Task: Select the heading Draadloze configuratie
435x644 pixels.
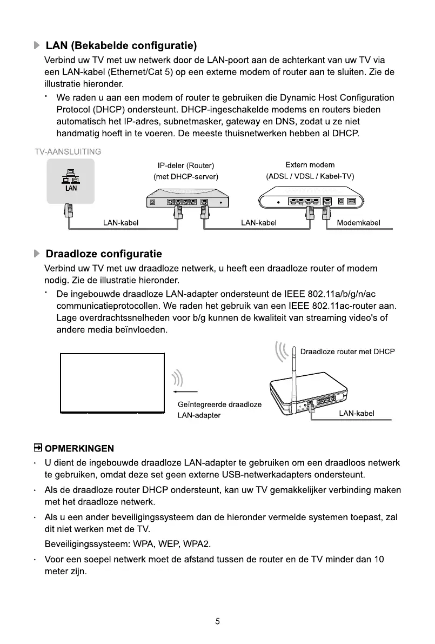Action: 104,254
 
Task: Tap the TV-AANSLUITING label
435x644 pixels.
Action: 67,151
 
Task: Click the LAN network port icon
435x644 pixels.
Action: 71,179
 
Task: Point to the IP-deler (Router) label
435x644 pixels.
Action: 186,165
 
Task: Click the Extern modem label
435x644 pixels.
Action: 310,164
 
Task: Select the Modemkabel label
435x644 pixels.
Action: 358,223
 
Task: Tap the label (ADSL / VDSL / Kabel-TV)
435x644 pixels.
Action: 310,176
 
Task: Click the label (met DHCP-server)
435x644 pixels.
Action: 186,176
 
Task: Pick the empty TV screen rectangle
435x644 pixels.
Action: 112,382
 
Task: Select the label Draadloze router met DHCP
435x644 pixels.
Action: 347,351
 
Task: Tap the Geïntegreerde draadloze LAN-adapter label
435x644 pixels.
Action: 219,410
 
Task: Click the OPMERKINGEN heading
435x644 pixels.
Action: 79,448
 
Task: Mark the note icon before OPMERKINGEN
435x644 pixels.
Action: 38,448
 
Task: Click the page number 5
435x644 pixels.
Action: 217,621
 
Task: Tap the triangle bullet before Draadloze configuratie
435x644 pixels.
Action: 37,254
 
